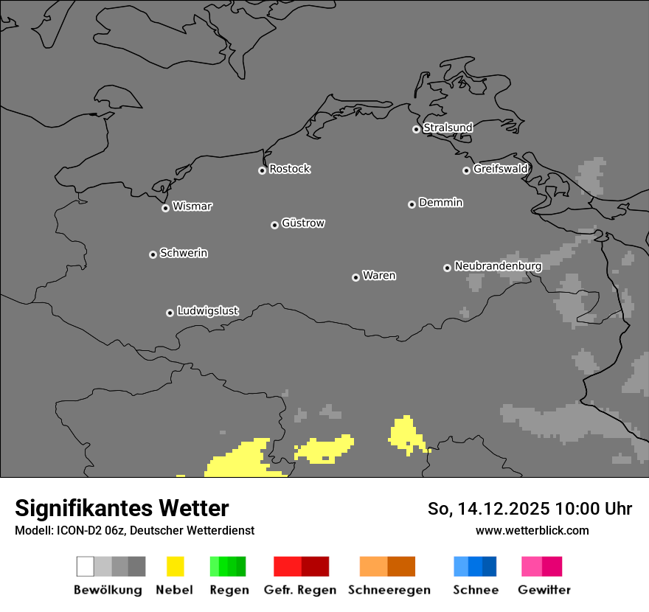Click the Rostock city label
[x=290, y=169]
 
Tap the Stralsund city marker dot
[x=416, y=129]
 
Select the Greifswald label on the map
[x=501, y=169]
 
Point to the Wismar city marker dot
[x=165, y=208]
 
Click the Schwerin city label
[x=184, y=253]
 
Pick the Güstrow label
[x=303, y=223]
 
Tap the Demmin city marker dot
[x=412, y=204]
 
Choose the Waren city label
[x=379, y=276]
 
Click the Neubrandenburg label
[x=498, y=266]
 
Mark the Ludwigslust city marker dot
[x=170, y=313]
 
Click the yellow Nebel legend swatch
[x=175, y=566]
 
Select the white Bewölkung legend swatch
[x=86, y=566]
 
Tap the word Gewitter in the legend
[x=544, y=590]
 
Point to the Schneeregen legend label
[x=389, y=590]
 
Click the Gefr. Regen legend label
[x=299, y=590]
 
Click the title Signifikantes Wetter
[x=122, y=508]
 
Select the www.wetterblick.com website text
[x=532, y=530]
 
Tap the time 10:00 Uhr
[x=594, y=509]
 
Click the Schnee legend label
[x=476, y=590]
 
